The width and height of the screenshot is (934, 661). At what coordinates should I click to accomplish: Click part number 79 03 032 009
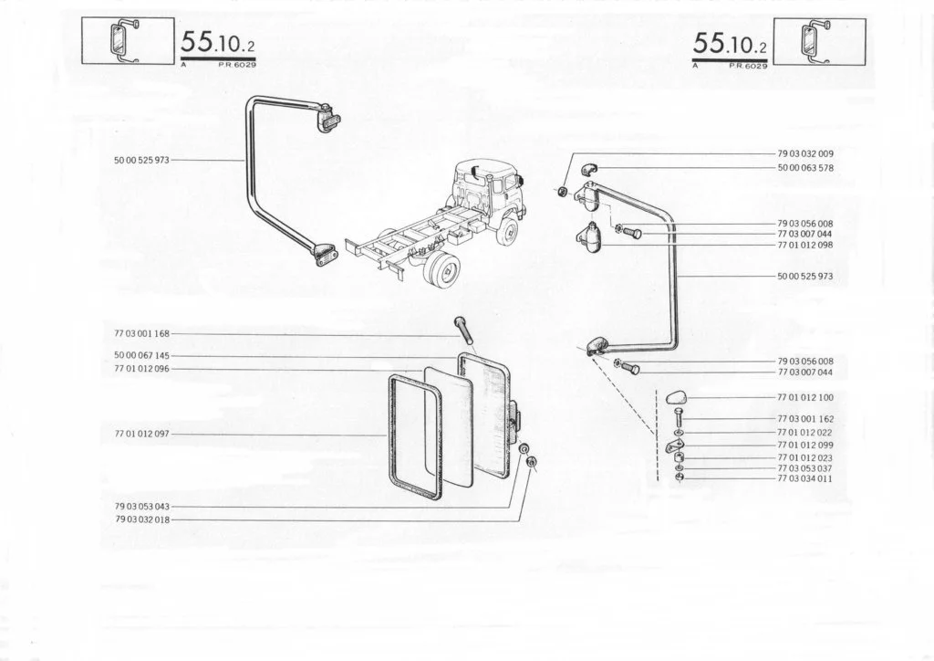coord(805,153)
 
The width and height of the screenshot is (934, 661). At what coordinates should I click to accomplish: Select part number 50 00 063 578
coord(805,168)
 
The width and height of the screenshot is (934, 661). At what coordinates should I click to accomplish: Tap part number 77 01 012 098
coord(805,245)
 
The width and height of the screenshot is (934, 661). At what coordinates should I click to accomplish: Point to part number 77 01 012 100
coord(805,397)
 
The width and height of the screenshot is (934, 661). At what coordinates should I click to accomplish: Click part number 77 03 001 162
coord(805,419)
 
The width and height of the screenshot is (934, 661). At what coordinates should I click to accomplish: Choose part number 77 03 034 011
coord(805,478)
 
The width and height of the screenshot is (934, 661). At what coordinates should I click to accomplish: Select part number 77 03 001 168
coord(141,334)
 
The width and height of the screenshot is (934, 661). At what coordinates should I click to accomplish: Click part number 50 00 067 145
coord(141,356)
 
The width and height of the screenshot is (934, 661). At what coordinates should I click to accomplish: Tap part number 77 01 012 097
coord(142,434)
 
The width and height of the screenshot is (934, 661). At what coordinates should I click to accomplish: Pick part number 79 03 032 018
coord(142,519)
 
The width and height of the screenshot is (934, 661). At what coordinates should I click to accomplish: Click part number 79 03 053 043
coord(142,507)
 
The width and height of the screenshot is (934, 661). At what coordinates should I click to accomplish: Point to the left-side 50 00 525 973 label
coord(141,161)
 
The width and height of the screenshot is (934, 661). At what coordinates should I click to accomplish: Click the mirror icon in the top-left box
coord(123,40)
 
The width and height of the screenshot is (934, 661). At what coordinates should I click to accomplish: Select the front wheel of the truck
coord(508,231)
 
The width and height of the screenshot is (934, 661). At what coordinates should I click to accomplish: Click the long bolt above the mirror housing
coord(463,330)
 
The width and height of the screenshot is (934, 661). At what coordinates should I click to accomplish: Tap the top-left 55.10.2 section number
coord(218,43)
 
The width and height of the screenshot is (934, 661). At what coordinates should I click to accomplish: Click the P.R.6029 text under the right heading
coord(749,66)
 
